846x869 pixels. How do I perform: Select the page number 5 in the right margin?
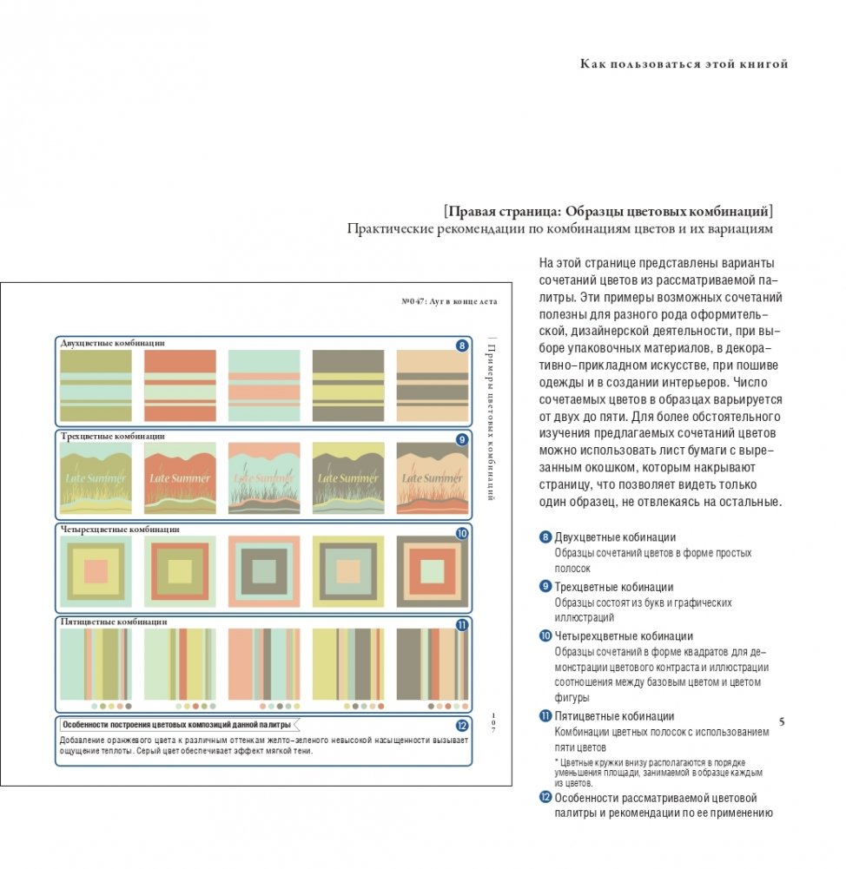click(x=782, y=721)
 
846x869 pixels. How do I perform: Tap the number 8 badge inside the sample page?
click(x=462, y=346)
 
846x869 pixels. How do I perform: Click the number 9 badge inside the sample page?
click(x=462, y=439)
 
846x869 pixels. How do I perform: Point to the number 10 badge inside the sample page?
click(x=462, y=533)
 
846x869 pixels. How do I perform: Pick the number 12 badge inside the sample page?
click(x=461, y=726)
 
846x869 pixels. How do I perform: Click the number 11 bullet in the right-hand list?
click(x=545, y=716)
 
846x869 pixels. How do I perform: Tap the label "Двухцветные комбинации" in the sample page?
click(x=113, y=343)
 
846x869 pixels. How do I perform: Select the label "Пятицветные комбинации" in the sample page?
click(x=113, y=622)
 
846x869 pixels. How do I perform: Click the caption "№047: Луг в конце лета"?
click(x=449, y=301)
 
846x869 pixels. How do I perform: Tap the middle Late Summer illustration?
click(x=264, y=478)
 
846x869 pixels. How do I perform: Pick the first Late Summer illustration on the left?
click(x=96, y=478)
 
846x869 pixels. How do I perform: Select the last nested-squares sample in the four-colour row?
click(x=432, y=570)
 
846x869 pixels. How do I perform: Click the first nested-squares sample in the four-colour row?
click(x=96, y=570)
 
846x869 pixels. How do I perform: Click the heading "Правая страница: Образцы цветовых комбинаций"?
click(x=608, y=211)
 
